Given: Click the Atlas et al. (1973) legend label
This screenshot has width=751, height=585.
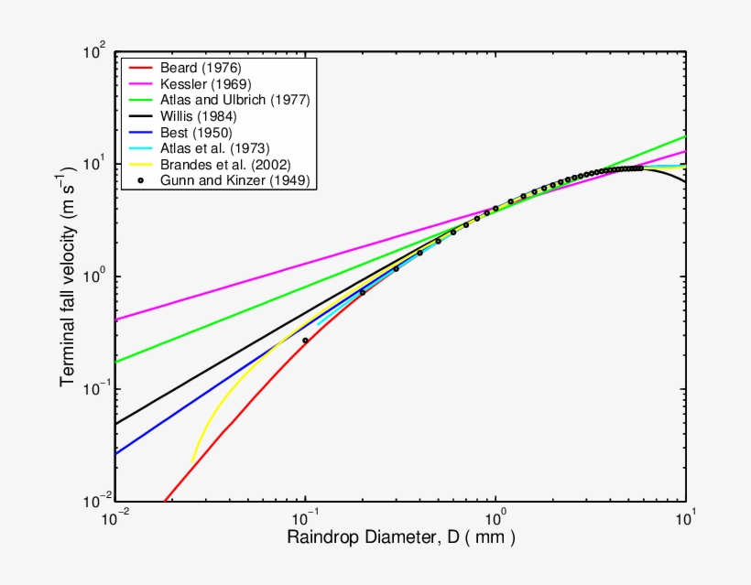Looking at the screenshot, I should (214, 148).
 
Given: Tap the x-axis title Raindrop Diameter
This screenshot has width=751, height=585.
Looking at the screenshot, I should (401, 537).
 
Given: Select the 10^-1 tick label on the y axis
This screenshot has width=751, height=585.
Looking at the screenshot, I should (93, 388).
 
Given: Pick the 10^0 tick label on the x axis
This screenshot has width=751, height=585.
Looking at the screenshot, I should (496, 517).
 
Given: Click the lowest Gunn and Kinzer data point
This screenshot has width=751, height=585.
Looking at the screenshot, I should (306, 341).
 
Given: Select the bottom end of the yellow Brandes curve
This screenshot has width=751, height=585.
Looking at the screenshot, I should (191, 463).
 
